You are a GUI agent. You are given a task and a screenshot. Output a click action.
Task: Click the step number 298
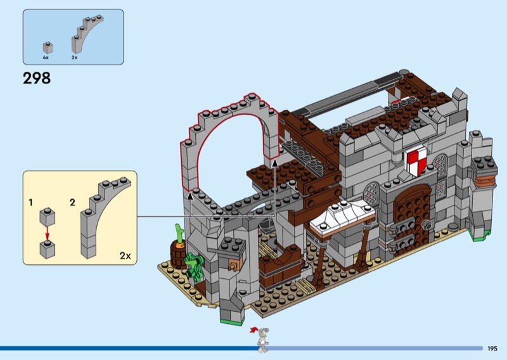tap(37, 79)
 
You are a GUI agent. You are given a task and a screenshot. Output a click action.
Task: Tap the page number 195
tap(492, 349)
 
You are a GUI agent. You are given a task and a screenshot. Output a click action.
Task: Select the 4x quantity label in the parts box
tap(46, 57)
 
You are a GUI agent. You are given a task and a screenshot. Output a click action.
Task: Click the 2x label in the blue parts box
tap(74, 57)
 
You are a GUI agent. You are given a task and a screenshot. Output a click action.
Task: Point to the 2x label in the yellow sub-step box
tap(125, 255)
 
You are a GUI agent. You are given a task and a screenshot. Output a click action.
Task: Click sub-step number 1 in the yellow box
tap(30, 202)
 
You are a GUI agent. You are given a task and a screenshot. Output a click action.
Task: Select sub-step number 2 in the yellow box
tap(72, 202)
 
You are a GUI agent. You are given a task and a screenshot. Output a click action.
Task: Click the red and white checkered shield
tap(417, 160)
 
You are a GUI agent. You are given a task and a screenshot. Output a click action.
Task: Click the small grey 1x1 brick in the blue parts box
tap(48, 48)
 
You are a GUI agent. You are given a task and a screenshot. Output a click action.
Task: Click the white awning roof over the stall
tap(342, 217)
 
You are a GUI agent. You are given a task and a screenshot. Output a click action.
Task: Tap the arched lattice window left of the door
tap(371, 193)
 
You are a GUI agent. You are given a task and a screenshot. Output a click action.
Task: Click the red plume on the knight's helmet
tap(254, 330)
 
